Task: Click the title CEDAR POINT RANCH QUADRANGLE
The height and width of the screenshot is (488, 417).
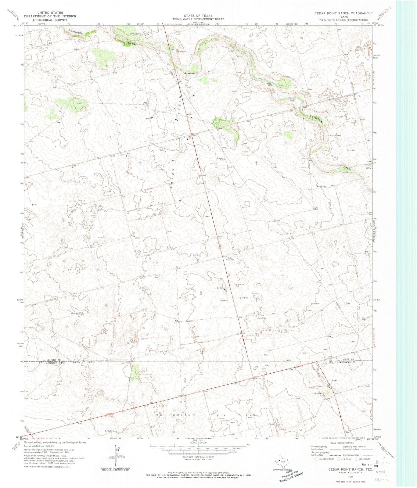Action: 343,13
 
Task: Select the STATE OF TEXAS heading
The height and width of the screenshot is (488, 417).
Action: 198,16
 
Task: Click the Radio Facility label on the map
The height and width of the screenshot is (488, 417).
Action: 231,259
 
